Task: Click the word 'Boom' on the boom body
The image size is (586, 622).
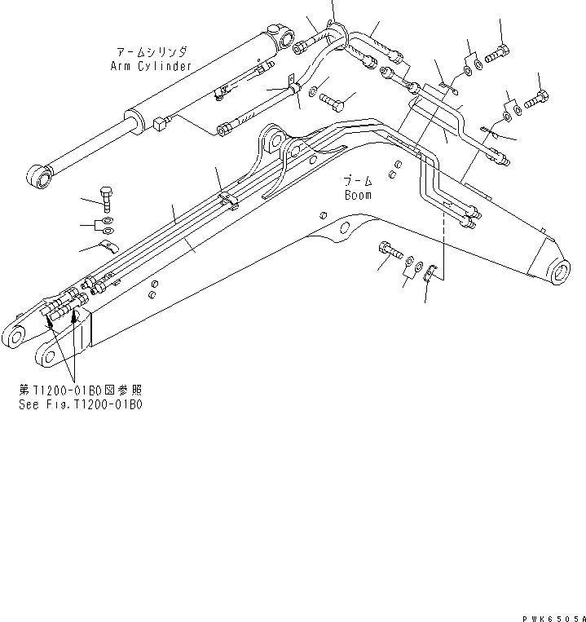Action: pyautogui.click(x=357, y=195)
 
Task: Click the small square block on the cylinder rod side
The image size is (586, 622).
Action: pyautogui.click(x=159, y=125)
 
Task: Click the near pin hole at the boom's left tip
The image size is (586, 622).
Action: pyautogui.click(x=46, y=355)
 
